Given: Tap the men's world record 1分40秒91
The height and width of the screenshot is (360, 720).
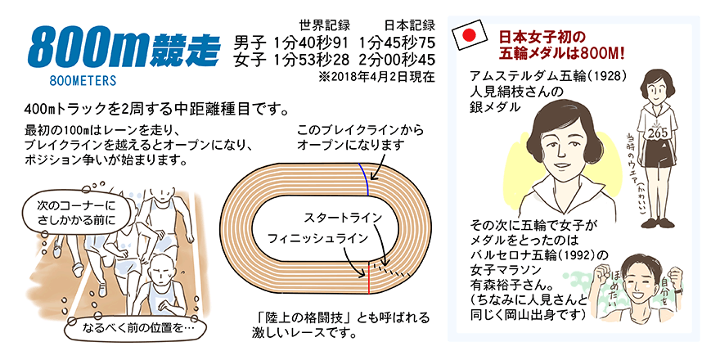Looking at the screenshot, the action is click(310, 43).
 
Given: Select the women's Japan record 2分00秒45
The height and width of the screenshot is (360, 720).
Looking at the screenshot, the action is click(397, 61).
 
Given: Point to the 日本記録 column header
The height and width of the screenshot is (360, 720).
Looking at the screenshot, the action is click(410, 25).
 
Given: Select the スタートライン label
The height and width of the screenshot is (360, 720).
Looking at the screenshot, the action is click(343, 217).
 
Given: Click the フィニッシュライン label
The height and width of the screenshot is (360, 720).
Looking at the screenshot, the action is click(317, 238).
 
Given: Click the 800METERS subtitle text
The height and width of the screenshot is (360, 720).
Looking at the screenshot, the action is click(83, 81).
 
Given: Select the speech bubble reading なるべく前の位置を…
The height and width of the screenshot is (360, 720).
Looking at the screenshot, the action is click(137, 329).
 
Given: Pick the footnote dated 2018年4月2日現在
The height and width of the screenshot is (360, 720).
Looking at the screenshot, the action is click(376, 77).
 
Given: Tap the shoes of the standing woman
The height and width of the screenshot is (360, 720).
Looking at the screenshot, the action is click(658, 223).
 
